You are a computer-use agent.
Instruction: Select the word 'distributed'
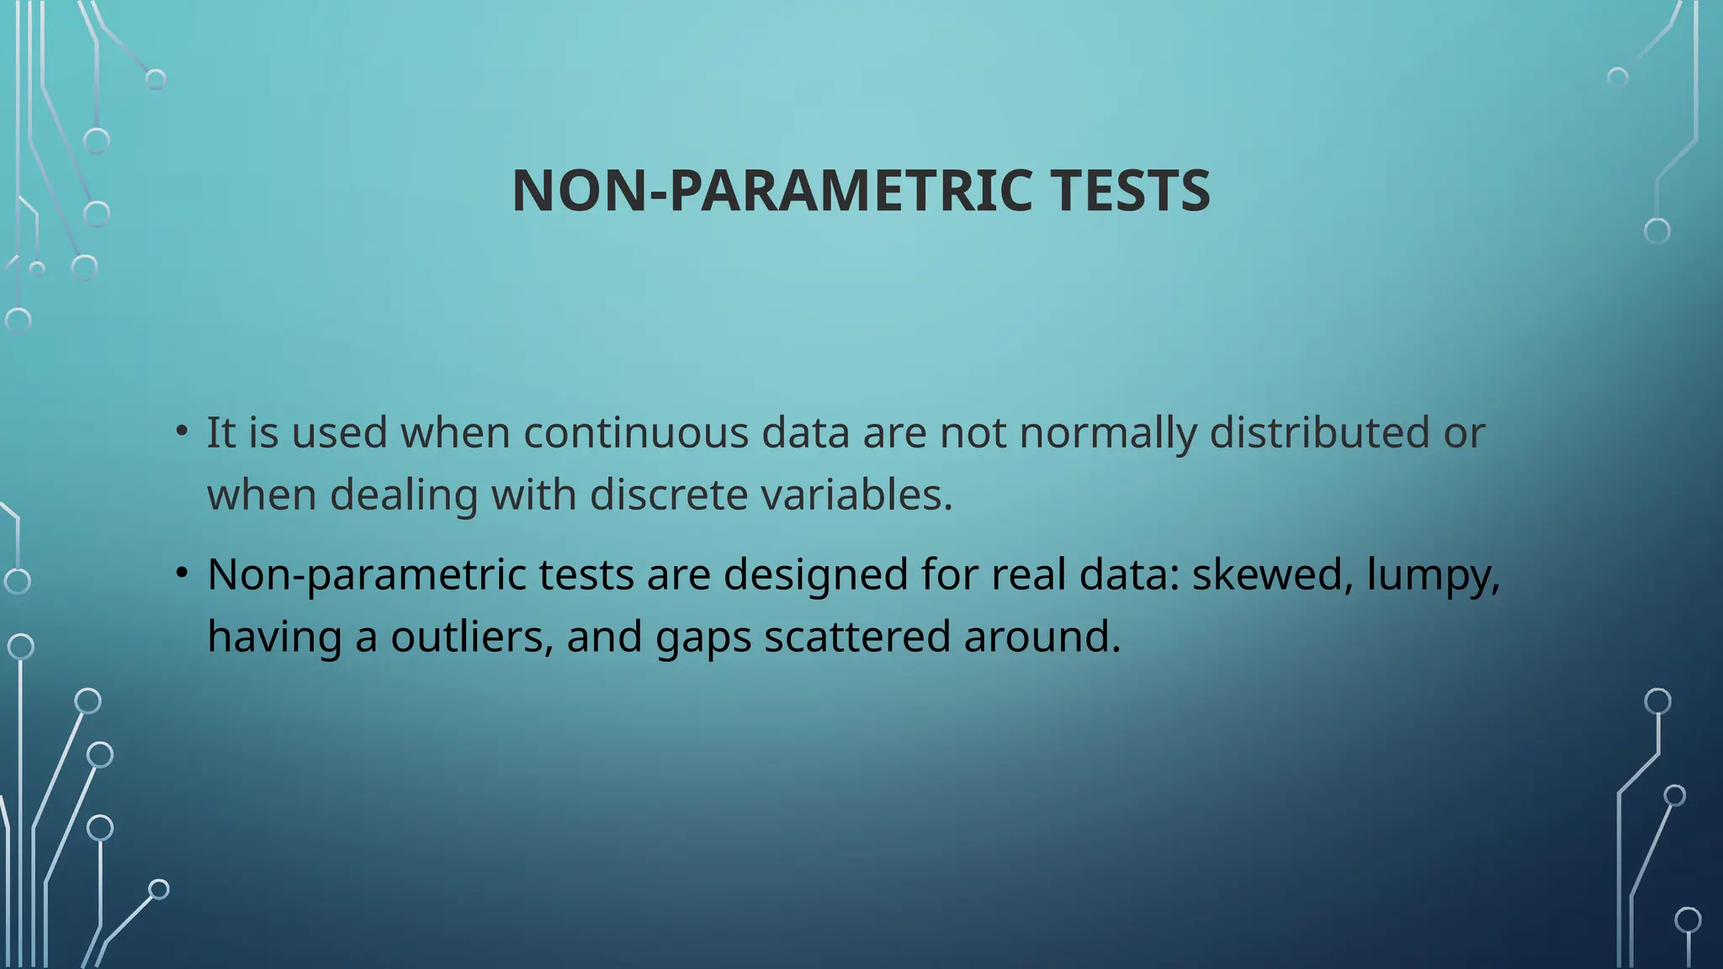pos(1319,433)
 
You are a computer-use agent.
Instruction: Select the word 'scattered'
pos(857,637)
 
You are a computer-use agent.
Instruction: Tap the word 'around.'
pos(1042,637)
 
